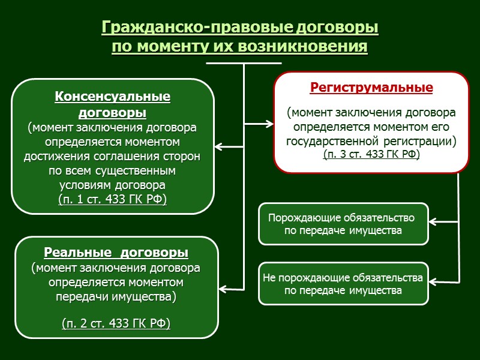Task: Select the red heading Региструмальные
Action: point(371,88)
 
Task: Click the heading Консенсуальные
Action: point(113,97)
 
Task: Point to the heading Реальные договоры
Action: point(116,251)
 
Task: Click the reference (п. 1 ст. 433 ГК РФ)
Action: point(113,199)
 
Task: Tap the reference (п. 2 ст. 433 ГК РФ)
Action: point(116,324)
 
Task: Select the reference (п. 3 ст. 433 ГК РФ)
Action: point(371,154)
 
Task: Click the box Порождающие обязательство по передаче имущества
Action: point(343,224)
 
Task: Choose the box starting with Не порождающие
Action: point(343,284)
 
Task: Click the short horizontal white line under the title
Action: point(244,62)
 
